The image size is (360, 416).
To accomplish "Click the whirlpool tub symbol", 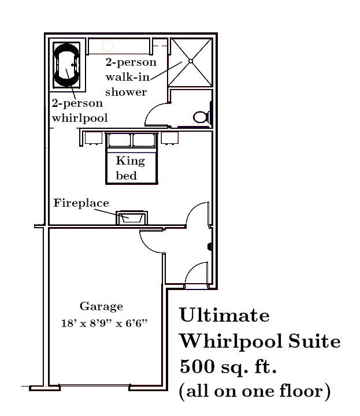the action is click(x=66, y=65).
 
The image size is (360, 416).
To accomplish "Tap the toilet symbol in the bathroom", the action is click(x=202, y=117).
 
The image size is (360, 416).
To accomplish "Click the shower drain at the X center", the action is click(x=191, y=61).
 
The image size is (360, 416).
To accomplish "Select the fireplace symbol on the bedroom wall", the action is click(x=132, y=218).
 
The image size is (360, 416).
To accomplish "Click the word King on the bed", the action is click(x=131, y=161).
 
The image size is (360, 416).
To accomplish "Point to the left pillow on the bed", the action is click(x=120, y=140).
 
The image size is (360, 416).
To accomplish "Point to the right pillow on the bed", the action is click(x=144, y=140).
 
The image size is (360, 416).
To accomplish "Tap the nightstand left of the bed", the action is click(x=94, y=138).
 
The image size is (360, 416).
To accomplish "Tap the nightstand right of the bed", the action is click(x=170, y=138).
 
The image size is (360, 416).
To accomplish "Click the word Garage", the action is click(x=101, y=307).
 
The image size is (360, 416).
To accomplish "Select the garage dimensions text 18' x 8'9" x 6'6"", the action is click(x=104, y=323).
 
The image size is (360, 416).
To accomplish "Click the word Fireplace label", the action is click(x=81, y=203).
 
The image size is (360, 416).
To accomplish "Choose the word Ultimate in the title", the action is click(x=224, y=315).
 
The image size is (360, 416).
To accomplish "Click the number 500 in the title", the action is click(x=197, y=367).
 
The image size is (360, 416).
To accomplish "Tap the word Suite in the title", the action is click(x=314, y=341).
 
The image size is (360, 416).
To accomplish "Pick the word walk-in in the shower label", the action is click(x=128, y=77).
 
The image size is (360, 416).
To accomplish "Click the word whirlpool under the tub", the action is click(x=80, y=118).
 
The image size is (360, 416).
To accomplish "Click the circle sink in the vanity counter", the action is click(x=107, y=46).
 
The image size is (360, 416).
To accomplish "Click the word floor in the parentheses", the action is click(x=302, y=391).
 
